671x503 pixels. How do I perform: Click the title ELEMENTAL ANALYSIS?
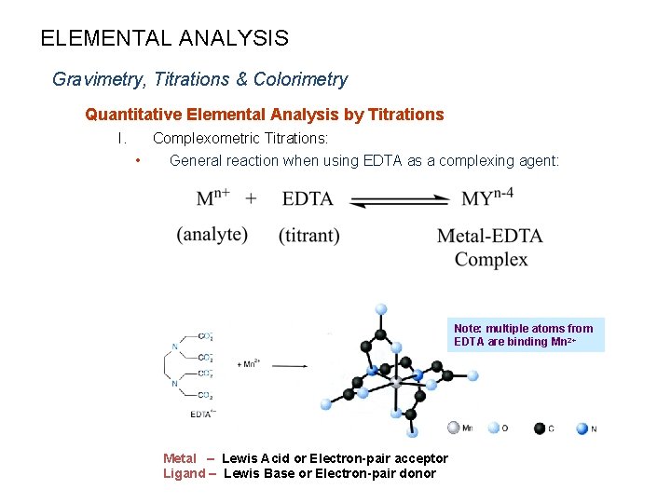(x=164, y=38)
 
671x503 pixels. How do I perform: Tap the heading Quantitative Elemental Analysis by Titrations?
(x=264, y=115)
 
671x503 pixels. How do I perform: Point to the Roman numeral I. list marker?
(x=121, y=139)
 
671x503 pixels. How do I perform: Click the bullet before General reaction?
(x=138, y=160)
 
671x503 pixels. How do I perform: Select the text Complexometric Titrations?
(x=240, y=139)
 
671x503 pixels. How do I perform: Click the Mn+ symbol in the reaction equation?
(x=213, y=197)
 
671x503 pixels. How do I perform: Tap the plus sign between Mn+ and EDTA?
(x=252, y=198)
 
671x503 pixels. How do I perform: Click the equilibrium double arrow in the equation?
(x=400, y=199)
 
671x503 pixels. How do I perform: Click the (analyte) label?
(x=212, y=235)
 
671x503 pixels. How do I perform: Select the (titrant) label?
(x=308, y=236)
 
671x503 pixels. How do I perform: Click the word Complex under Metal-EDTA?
(x=491, y=259)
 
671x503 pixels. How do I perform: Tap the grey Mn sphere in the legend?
(x=454, y=428)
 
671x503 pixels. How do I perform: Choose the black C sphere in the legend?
(x=540, y=428)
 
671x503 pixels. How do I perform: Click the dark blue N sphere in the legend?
(x=582, y=428)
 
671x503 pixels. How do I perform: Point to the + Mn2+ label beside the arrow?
(x=248, y=363)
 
